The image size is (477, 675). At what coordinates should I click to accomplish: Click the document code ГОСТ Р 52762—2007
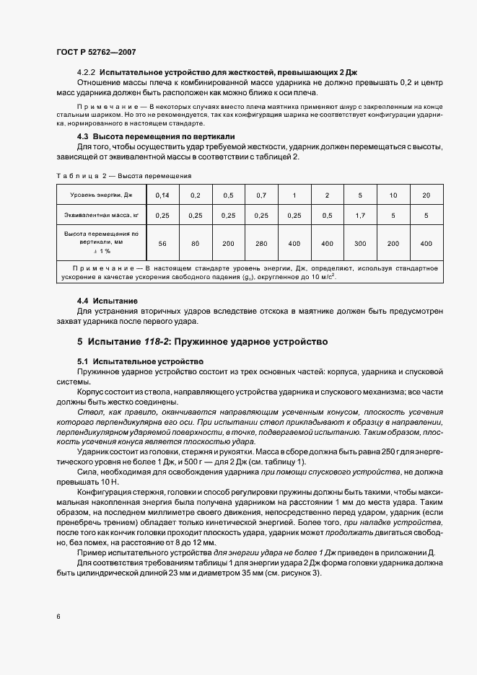click(x=96, y=53)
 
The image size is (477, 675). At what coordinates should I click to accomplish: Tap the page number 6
click(x=58, y=617)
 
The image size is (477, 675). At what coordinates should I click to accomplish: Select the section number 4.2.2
click(x=87, y=73)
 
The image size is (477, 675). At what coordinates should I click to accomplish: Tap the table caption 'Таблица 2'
click(x=79, y=175)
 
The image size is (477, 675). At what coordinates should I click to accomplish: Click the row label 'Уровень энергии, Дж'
click(x=102, y=195)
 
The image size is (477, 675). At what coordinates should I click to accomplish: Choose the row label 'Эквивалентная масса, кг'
click(x=102, y=215)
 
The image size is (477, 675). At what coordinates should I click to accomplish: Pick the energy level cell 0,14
click(x=162, y=195)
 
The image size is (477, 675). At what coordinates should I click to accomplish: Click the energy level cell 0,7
click(x=261, y=195)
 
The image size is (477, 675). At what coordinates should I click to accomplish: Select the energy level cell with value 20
click(x=426, y=195)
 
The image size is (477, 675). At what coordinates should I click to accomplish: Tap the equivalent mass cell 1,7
click(x=359, y=215)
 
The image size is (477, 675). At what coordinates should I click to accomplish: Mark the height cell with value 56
click(x=162, y=244)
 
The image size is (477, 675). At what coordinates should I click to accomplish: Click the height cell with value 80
click(x=195, y=244)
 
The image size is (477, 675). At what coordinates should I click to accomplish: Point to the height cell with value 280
click(x=261, y=244)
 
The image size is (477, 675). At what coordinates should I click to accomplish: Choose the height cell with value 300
click(x=359, y=244)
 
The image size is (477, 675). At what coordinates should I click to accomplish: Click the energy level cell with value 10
click(x=393, y=195)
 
